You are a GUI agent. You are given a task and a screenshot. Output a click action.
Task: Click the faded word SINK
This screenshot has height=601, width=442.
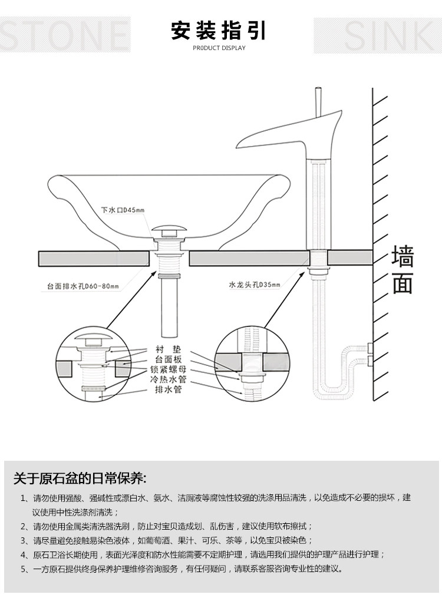point(377,35)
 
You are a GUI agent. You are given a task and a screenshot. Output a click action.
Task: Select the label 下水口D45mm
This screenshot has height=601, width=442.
point(122,210)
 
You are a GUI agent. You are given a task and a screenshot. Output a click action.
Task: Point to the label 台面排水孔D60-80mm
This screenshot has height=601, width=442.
point(83,287)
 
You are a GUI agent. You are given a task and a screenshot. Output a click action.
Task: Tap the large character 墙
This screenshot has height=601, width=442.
point(403,258)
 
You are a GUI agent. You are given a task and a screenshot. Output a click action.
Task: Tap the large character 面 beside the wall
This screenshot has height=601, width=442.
point(403,283)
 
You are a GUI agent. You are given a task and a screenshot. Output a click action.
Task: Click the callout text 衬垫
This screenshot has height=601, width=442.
point(167,348)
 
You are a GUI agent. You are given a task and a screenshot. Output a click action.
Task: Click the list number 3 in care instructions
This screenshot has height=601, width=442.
point(24,540)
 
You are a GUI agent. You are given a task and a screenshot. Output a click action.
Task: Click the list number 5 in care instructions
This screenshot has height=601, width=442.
point(24,569)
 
